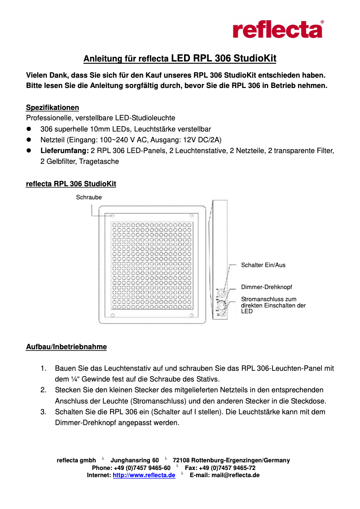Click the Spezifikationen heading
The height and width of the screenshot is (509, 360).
[53, 108]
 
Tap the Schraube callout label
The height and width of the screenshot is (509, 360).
[89, 197]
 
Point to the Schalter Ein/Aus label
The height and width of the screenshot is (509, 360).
[263, 265]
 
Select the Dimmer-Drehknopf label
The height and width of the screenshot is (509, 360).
[267, 287]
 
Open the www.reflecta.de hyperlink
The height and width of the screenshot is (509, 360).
[144, 475]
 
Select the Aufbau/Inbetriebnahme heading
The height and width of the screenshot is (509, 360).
[66, 347]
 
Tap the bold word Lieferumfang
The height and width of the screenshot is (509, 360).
[65, 151]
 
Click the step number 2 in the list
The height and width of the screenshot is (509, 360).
[44, 390]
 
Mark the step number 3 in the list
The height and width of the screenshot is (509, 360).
[44, 412]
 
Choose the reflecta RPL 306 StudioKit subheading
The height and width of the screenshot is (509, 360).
[71, 184]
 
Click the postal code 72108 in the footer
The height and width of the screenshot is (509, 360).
[181, 461]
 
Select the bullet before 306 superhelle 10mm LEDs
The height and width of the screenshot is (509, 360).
[30, 129]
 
